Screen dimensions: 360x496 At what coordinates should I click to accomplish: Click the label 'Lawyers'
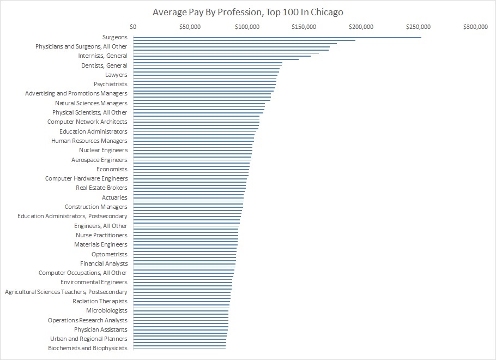(116, 75)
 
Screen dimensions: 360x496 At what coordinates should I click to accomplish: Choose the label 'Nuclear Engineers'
(103, 150)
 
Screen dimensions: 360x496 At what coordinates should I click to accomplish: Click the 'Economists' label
(112, 169)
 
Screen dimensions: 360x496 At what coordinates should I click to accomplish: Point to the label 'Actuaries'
(114, 197)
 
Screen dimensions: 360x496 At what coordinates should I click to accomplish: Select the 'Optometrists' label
(109, 254)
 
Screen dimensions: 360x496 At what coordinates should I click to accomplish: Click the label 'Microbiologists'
(106, 310)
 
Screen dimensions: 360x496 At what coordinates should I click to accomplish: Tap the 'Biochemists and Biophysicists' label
(88, 348)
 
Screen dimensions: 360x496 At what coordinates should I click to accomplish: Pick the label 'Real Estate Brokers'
(101, 188)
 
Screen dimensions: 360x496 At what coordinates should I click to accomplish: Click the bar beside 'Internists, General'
(221, 56)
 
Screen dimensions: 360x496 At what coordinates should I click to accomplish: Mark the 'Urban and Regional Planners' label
(89, 339)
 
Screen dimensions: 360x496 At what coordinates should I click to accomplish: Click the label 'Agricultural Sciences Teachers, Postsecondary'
(66, 292)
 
